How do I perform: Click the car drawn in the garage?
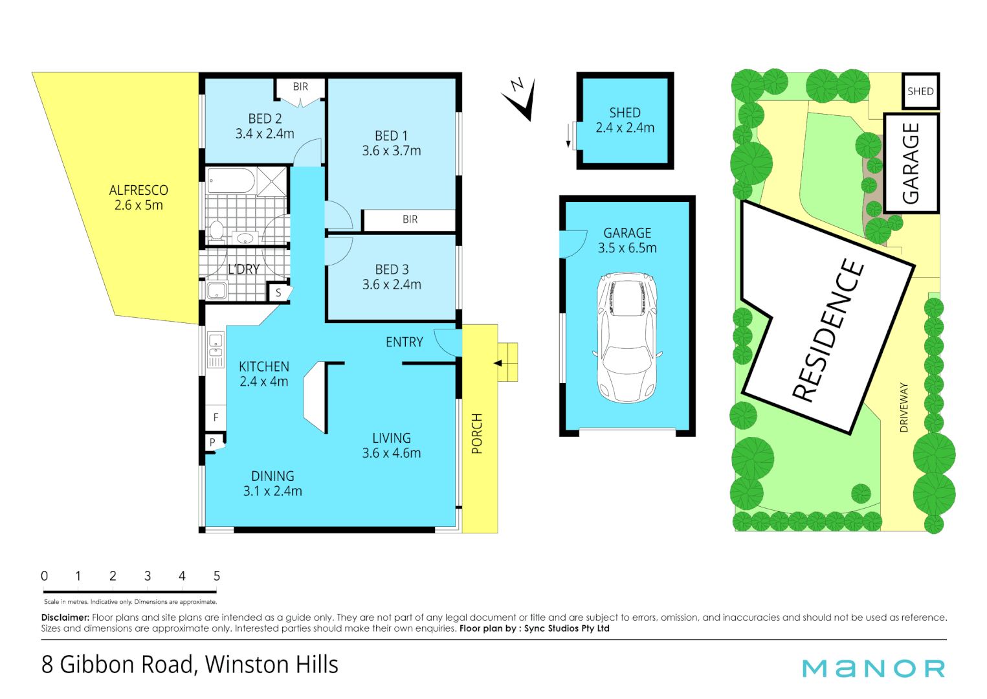[x=627, y=337]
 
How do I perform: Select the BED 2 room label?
[x=265, y=126]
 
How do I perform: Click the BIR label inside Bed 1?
[x=410, y=219]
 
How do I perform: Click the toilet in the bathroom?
[x=217, y=231]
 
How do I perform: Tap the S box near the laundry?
[x=279, y=293]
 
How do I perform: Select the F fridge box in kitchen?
[x=216, y=417]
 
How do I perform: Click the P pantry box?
[x=212, y=443]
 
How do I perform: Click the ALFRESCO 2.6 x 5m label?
[x=139, y=197]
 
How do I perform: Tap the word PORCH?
[x=477, y=433]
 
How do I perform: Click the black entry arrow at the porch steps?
[x=498, y=363]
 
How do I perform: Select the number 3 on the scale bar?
[x=148, y=576]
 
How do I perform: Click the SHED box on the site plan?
[x=920, y=91]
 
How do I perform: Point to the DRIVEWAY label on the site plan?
[x=904, y=407]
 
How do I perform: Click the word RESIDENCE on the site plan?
[x=828, y=329]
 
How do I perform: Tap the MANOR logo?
[x=874, y=669]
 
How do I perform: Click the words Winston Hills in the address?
[x=271, y=665]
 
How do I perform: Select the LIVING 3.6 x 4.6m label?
[x=391, y=445]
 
